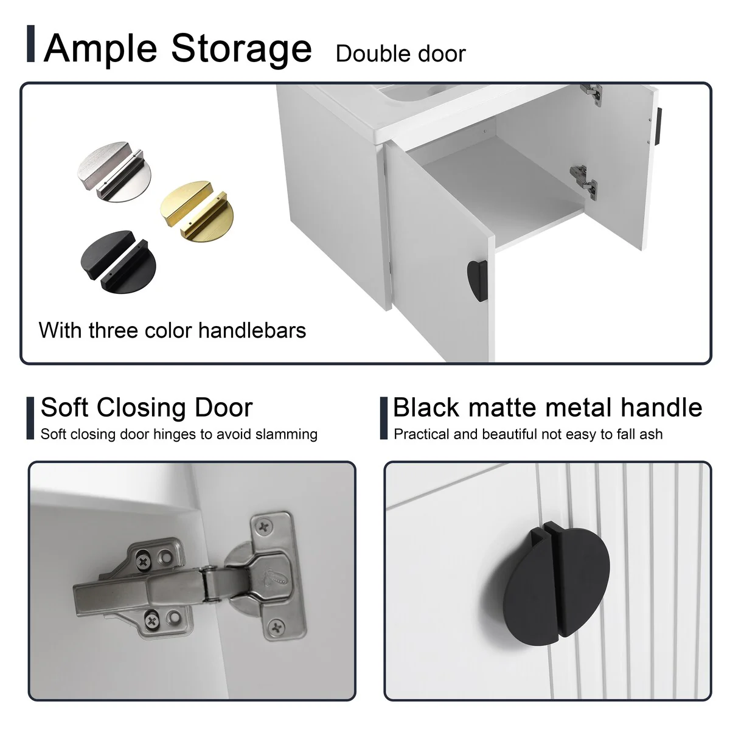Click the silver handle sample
tap(114, 172)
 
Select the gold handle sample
tap(196, 212)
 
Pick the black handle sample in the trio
tap(118, 262)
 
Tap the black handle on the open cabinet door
tap(478, 280)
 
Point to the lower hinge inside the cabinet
tap(584, 181)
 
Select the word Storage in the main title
tap(242, 49)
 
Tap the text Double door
tap(400, 54)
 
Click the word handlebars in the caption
tap(252, 330)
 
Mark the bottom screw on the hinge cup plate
tap(276, 627)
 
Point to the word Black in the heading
tap(426, 408)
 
